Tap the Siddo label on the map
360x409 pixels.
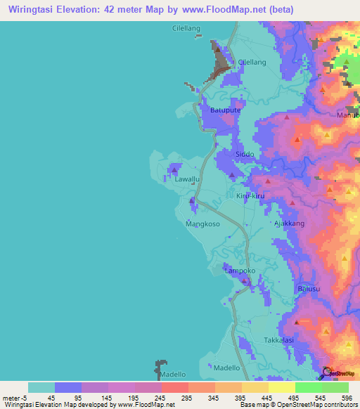(245, 154)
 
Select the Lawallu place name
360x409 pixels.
(188, 180)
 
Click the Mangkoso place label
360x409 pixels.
(202, 224)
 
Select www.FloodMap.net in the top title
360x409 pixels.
(213, 9)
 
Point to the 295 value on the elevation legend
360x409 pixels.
(187, 397)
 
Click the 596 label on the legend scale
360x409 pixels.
(347, 397)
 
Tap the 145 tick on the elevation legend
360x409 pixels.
(108, 397)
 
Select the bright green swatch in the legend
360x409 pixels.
(308, 387)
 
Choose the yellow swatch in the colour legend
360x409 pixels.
(281, 387)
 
